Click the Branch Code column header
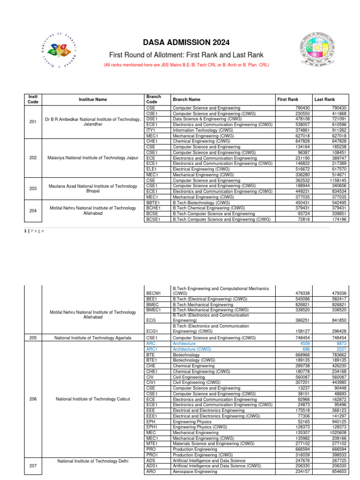[x=154, y=99]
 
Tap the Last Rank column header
[x=324, y=99]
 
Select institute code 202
[x=33, y=157]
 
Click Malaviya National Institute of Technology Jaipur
[x=93, y=157]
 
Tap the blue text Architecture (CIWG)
[x=192, y=349]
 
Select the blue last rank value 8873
[x=339, y=343]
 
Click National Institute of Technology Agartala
[x=93, y=337]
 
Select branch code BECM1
[x=154, y=293]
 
